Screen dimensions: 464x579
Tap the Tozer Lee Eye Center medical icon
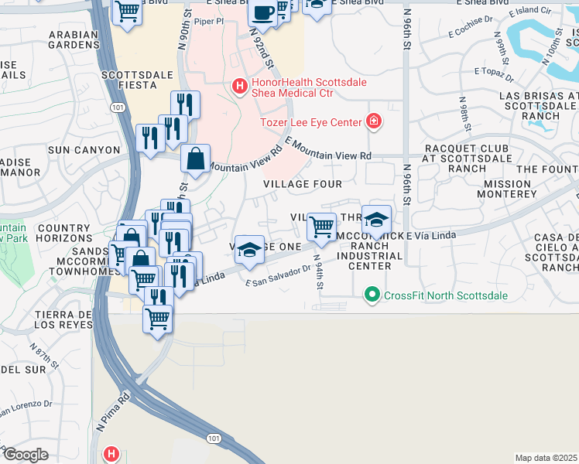pyautogui.click(x=373, y=121)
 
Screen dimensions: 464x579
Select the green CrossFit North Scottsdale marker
pyautogui.click(x=372, y=295)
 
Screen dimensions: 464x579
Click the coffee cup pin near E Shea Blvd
pyautogui.click(x=263, y=13)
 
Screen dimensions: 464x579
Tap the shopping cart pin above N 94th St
pyautogui.click(x=321, y=227)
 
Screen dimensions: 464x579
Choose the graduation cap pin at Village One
pyautogui.click(x=249, y=249)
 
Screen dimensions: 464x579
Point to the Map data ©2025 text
pyautogui.click(x=546, y=458)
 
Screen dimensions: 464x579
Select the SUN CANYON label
pyautogui.click(x=84, y=150)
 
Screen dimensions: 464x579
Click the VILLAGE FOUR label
pyautogui.click(x=302, y=184)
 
